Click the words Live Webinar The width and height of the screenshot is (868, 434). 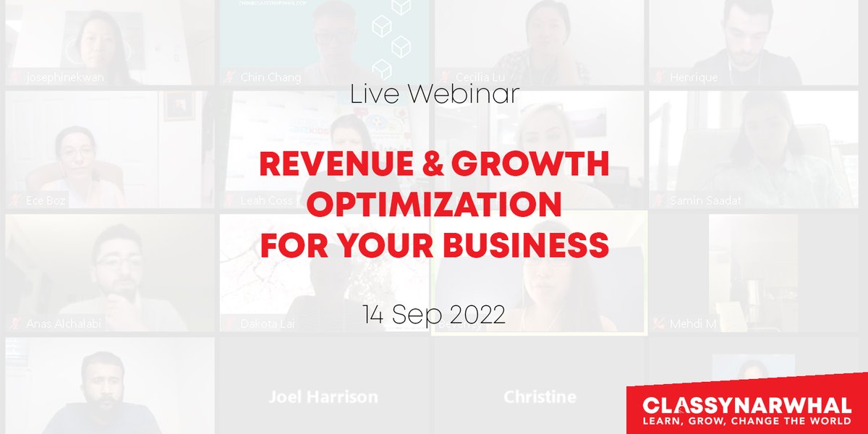434,95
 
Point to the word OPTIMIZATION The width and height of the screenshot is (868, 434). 434,206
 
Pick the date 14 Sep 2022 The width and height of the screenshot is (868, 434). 434,316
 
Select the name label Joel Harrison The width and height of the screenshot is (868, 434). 323,396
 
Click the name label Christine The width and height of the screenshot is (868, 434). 540,396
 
